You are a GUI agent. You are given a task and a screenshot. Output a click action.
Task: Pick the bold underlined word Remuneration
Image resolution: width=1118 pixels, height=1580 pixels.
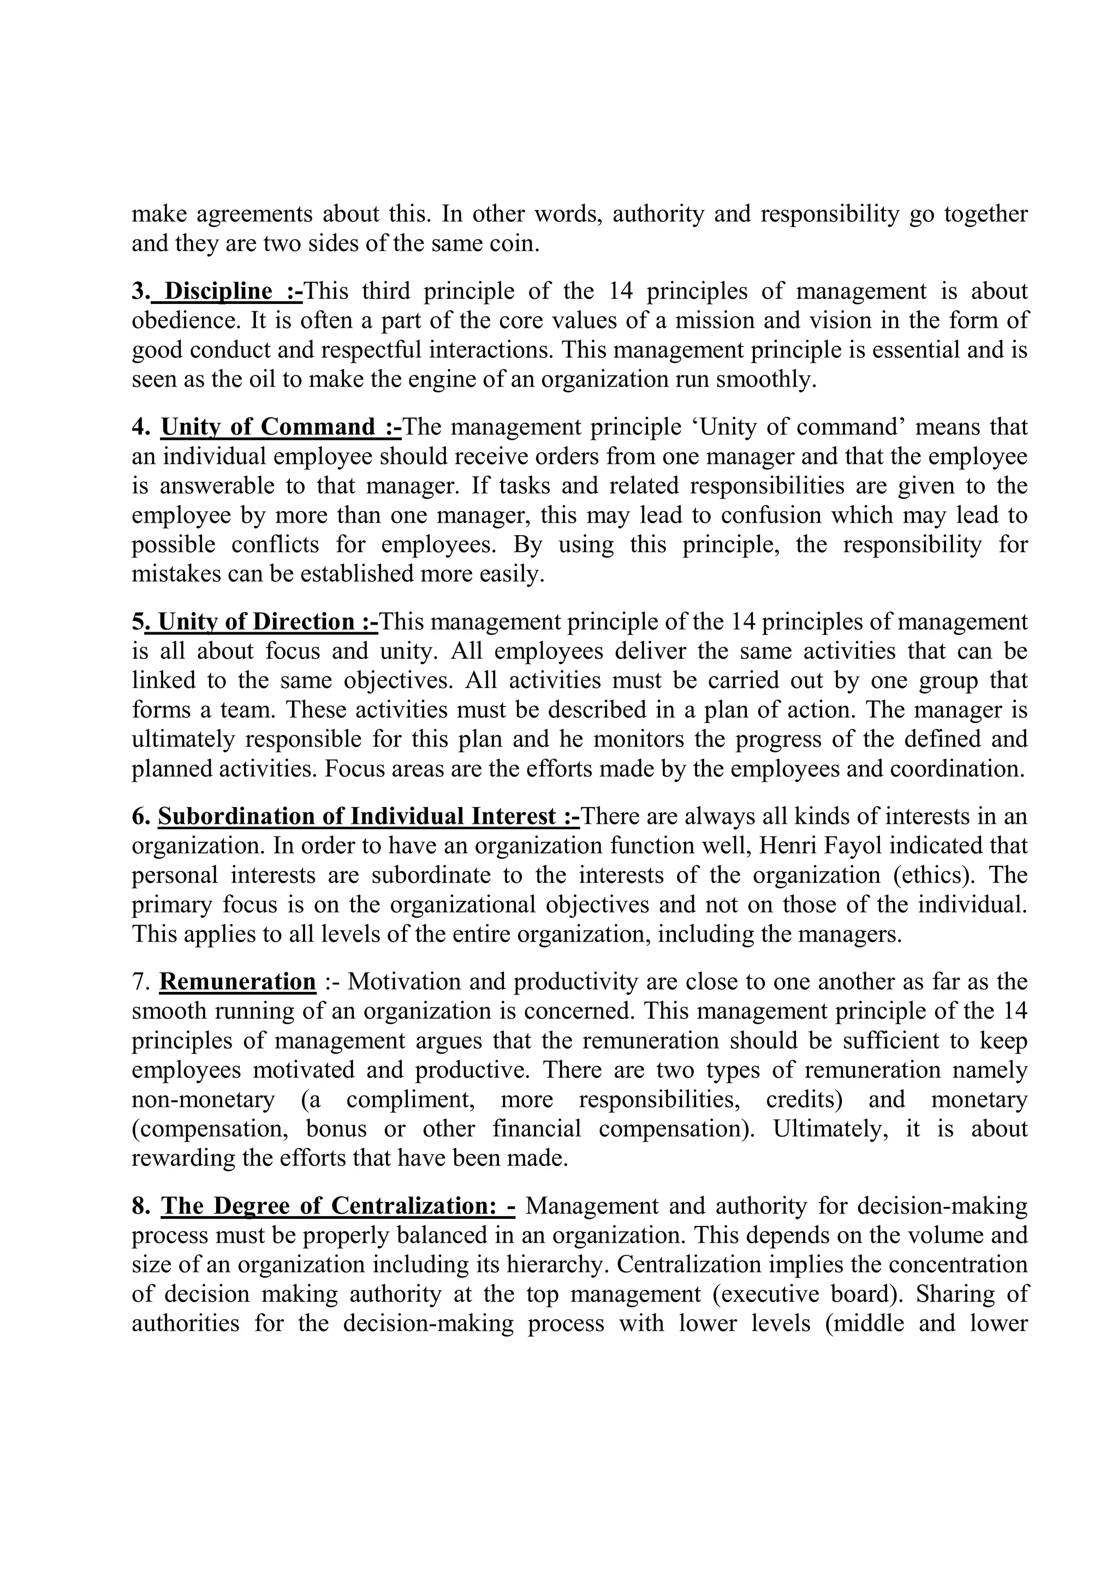click(237, 982)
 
